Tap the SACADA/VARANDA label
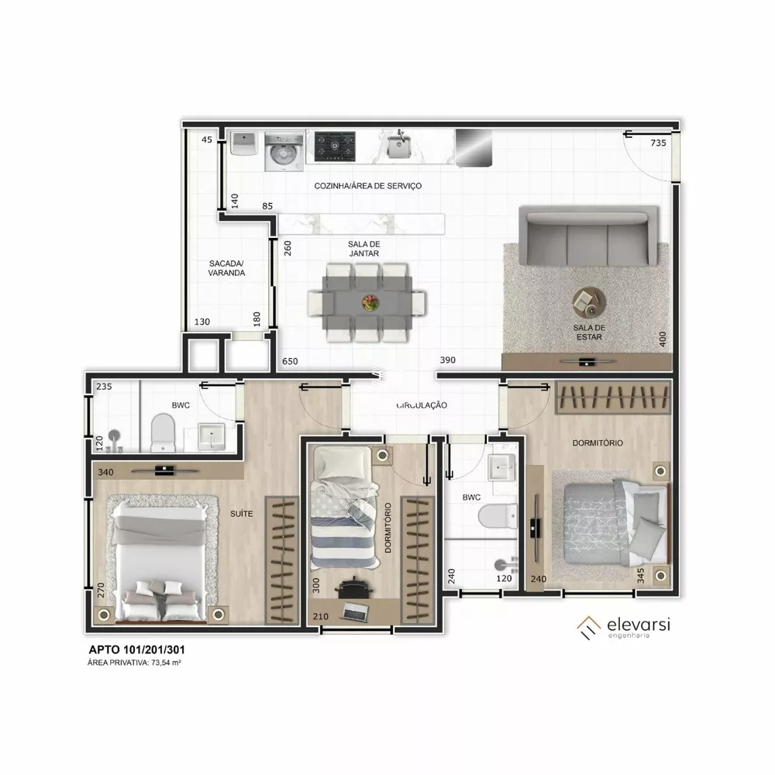coord(226,268)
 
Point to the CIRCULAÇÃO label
coord(422,405)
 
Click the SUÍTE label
coord(239,512)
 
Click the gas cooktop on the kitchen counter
coord(335,144)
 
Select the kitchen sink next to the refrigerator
coord(398,145)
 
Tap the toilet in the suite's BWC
coord(163,432)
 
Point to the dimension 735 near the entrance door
coord(658,143)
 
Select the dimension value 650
coord(290,361)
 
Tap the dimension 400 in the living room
coord(661,339)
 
